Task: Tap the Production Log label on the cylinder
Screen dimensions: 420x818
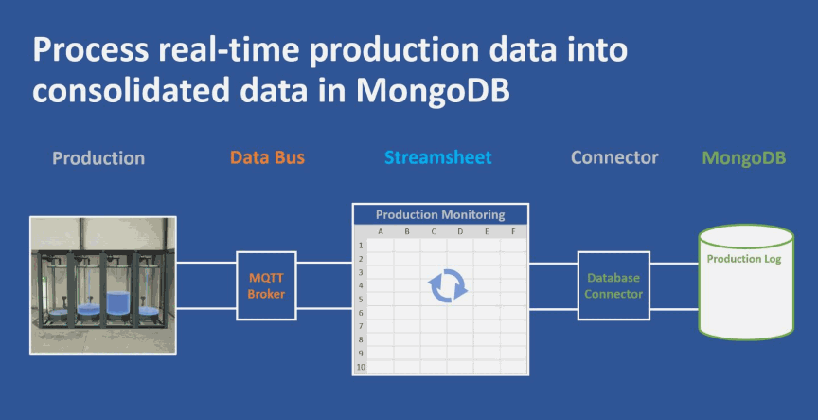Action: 744,259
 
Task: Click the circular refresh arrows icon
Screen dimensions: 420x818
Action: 448,285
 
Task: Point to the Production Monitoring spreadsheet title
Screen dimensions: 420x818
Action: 440,215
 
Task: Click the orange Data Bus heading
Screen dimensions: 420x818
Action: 267,157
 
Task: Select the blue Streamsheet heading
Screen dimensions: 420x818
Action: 437,157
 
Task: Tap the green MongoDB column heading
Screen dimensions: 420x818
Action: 744,157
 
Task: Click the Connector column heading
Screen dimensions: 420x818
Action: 613,157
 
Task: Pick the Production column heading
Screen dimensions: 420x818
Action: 98,157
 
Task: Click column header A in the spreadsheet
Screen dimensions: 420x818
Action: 381,231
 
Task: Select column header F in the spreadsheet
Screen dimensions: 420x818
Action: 513,231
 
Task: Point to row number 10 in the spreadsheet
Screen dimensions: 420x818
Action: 360,367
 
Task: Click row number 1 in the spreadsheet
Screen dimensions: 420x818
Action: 360,245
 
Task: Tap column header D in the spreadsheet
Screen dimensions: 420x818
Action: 460,231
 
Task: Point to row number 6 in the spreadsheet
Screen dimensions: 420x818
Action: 360,312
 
